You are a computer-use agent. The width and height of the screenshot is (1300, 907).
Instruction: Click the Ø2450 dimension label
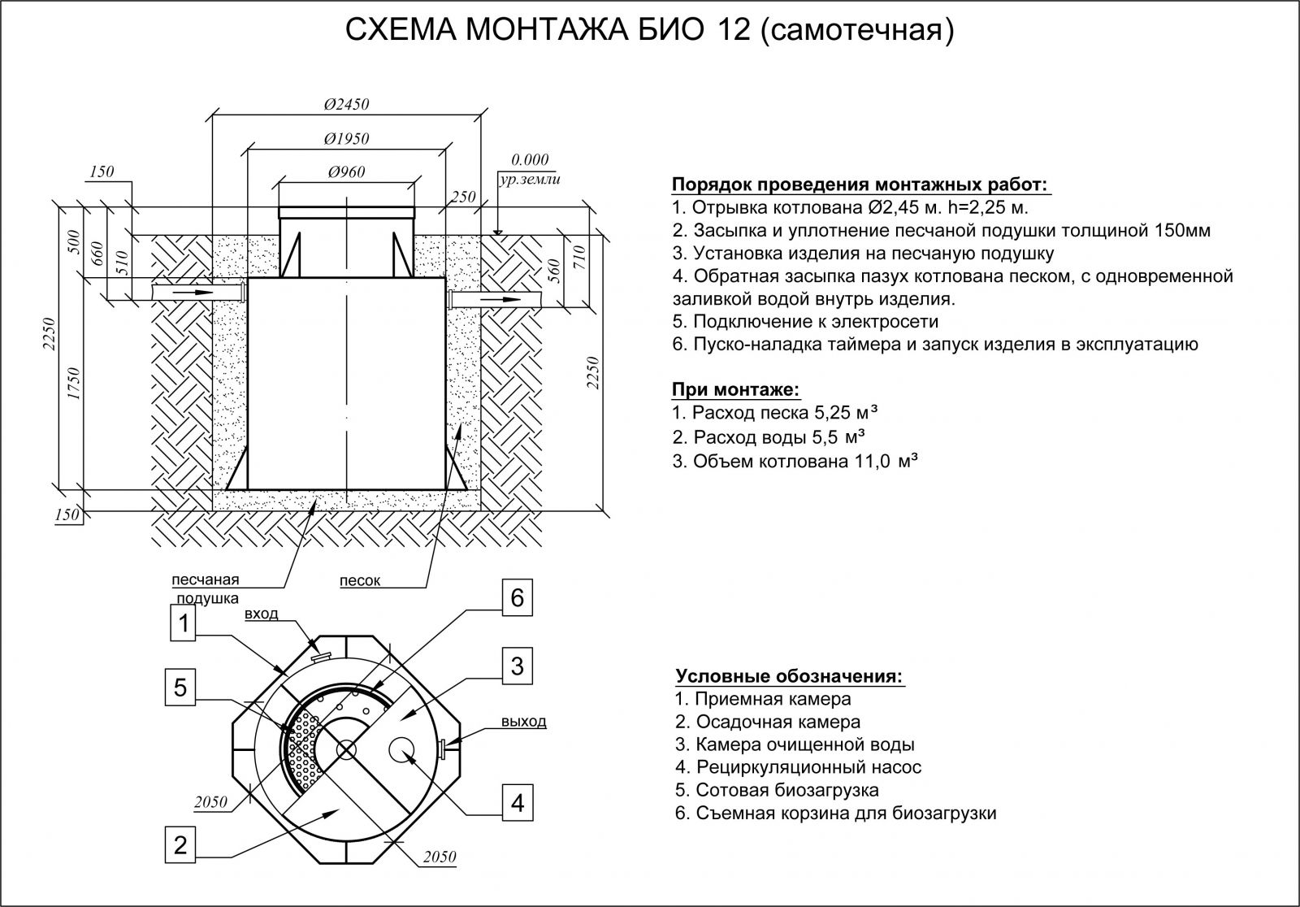pos(346,105)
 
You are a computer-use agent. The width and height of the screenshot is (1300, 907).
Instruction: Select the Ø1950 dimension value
pos(346,139)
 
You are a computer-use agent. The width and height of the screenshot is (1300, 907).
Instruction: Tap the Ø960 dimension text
pos(346,171)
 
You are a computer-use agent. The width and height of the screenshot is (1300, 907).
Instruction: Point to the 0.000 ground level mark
pos(529,159)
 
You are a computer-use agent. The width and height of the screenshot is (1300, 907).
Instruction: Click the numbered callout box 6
pos(517,597)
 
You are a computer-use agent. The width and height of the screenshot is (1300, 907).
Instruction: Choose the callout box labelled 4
pos(517,804)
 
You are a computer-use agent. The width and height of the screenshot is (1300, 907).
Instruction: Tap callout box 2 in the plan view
pos(180,845)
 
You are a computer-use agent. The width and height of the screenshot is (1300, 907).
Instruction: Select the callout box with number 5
pos(180,688)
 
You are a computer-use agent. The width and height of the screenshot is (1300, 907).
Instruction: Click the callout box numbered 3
pos(517,666)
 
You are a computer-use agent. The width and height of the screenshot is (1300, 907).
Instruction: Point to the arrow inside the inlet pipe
pos(196,292)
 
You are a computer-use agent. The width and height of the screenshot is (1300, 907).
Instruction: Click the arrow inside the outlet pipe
pos(501,300)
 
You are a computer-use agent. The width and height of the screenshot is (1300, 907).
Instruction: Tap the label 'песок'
pos(360,580)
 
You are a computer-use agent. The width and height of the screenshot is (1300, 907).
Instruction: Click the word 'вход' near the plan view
pos(261,614)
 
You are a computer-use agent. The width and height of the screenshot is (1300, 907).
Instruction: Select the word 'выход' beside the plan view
pos(524,721)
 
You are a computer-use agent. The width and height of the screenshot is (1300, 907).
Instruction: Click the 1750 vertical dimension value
pos(74,383)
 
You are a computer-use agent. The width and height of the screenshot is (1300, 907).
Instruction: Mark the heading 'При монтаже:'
pos(736,389)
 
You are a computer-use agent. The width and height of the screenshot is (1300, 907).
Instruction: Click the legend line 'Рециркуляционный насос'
pos(798,767)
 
